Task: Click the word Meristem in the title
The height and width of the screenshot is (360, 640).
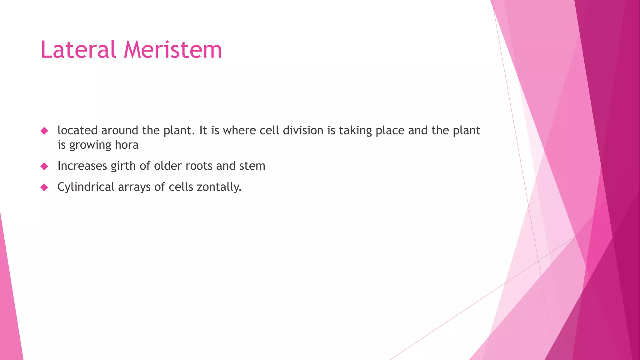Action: point(173,50)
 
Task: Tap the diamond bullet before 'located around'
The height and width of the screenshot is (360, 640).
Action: point(44,131)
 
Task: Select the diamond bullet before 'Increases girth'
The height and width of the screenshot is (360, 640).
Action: point(44,166)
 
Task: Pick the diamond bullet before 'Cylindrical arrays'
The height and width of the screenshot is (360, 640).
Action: point(44,187)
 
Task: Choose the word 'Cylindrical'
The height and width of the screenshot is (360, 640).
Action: point(86,187)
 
